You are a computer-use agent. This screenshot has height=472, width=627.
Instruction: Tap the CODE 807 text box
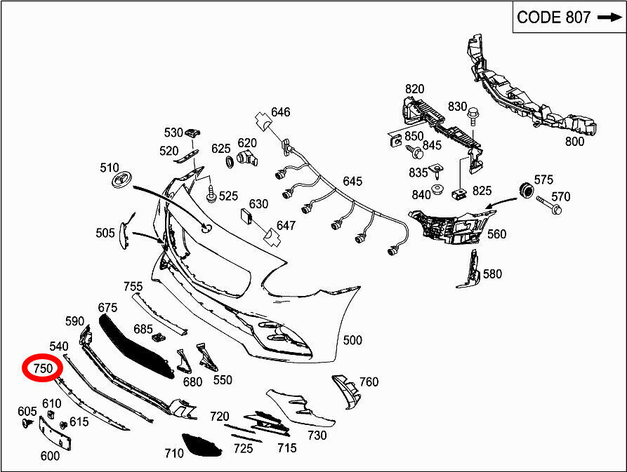pos(567,18)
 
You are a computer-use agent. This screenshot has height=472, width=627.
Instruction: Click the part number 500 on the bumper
pos(352,340)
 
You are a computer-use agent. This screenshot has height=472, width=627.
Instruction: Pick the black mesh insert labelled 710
pos(202,445)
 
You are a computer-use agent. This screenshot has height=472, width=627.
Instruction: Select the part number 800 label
pos(574,141)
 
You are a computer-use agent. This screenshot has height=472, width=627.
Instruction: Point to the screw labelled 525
pos(211,194)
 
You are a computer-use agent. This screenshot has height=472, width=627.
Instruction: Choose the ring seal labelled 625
pos(230,162)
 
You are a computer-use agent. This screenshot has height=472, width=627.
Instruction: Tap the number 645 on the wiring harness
pos(352,182)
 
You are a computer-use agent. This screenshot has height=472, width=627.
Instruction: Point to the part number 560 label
pos(496,234)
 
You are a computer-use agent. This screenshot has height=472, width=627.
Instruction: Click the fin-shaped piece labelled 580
pos(469,269)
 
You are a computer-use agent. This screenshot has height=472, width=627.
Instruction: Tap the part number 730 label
pos(317,435)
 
